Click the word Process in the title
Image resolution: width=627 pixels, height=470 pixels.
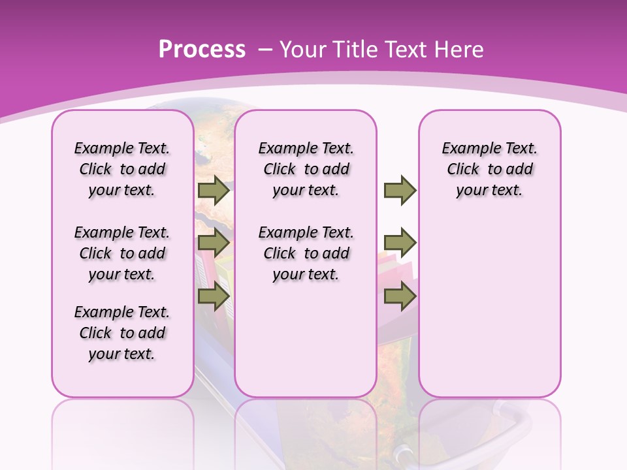point(202,49)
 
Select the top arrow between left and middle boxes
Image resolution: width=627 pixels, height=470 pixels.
point(213,191)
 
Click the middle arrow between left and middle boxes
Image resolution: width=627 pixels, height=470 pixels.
point(213,243)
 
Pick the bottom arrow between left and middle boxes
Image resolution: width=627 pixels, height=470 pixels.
point(213,296)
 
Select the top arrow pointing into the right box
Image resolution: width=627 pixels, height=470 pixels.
point(400,191)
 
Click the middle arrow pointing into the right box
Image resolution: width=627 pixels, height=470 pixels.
point(400,243)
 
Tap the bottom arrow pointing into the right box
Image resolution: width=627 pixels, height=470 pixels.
point(400,296)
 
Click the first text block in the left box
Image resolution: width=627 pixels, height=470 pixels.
point(122,169)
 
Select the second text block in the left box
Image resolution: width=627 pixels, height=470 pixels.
point(122,253)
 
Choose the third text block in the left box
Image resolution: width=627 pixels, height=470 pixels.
point(122,333)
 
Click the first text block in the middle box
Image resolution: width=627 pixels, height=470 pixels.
point(306,169)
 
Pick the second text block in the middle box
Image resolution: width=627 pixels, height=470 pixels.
point(306,253)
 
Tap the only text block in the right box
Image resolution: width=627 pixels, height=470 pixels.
point(489,169)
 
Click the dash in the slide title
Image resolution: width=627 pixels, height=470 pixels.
point(265,49)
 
